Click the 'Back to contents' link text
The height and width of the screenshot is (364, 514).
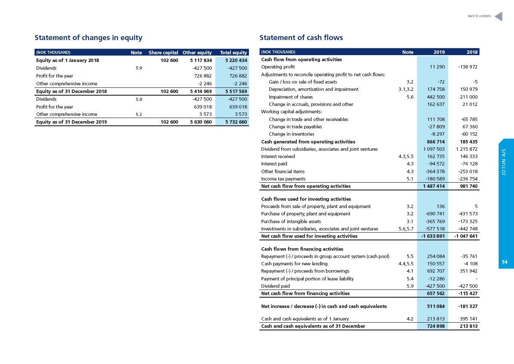479,16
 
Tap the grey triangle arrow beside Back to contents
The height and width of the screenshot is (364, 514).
499,16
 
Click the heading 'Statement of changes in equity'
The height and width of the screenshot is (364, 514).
89,38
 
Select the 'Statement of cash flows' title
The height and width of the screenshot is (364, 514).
301,38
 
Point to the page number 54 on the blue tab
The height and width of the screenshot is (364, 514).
505,262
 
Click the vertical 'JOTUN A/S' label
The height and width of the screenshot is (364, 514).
504,162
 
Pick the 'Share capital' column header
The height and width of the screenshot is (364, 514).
163,53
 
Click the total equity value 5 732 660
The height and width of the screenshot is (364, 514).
236,122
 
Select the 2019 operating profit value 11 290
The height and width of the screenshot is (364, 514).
437,67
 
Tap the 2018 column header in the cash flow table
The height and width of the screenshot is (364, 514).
472,52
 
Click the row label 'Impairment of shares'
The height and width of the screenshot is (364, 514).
291,97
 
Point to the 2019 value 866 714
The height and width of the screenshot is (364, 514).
436,142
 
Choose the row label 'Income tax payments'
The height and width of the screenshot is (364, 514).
283,179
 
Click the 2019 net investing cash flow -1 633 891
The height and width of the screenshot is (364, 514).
433,236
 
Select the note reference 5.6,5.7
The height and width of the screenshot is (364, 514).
406,229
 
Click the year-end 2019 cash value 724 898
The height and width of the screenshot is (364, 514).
436,326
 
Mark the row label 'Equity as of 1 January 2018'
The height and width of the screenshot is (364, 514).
68,60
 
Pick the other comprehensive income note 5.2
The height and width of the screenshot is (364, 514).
139,115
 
